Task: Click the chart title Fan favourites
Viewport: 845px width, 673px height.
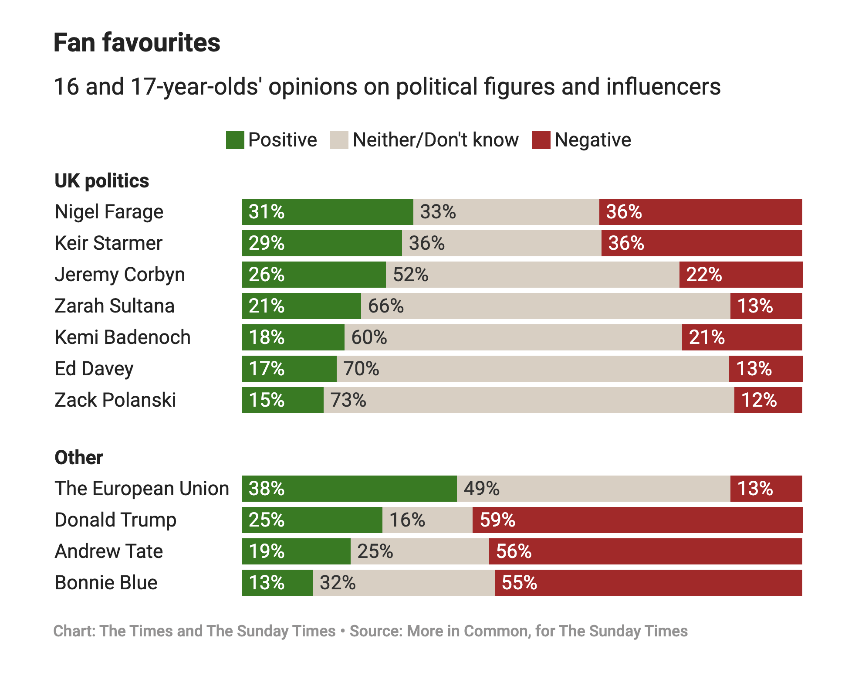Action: pyautogui.click(x=137, y=43)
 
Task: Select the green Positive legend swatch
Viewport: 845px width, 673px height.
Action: pyautogui.click(x=235, y=140)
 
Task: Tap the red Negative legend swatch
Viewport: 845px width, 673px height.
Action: pyautogui.click(x=541, y=140)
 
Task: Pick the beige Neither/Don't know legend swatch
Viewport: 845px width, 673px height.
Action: pyautogui.click(x=339, y=140)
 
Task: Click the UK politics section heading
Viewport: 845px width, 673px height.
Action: pyautogui.click(x=102, y=181)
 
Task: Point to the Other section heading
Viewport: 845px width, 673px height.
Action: pyautogui.click(x=79, y=458)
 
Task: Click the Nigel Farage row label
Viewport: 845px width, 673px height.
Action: pyautogui.click(x=109, y=212)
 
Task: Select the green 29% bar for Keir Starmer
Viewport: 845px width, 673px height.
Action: pyautogui.click(x=322, y=243)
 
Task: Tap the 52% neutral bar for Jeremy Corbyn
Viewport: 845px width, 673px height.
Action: pyautogui.click(x=532, y=275)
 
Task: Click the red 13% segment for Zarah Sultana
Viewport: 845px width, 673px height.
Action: pyautogui.click(x=766, y=306)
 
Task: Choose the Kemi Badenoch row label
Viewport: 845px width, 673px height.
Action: pyautogui.click(x=122, y=337)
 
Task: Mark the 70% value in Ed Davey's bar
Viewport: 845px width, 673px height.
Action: pyautogui.click(x=361, y=369)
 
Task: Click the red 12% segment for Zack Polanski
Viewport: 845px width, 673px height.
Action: pyautogui.click(x=768, y=400)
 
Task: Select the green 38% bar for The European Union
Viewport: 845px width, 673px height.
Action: pyautogui.click(x=349, y=489)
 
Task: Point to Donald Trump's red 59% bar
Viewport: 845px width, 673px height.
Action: pyautogui.click(x=637, y=520)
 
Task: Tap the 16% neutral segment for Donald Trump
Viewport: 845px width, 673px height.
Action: pyautogui.click(x=427, y=520)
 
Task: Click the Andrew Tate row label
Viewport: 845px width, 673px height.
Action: pyautogui.click(x=108, y=551)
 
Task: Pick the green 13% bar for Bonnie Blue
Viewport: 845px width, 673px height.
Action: pyautogui.click(x=277, y=583)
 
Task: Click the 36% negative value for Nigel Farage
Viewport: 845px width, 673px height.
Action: pyautogui.click(x=624, y=212)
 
